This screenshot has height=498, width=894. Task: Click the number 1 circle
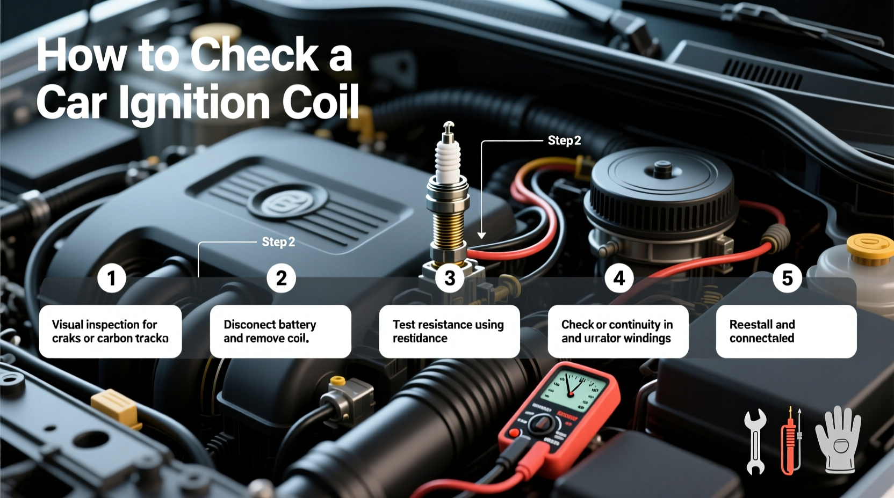tap(112, 278)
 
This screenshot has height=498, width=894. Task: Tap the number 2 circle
tap(281, 278)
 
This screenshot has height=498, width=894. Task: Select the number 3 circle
tap(450, 278)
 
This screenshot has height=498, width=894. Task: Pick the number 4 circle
tap(619, 278)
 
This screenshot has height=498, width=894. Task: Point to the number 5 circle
tap(787, 278)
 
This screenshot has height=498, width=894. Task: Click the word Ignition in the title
tap(194, 103)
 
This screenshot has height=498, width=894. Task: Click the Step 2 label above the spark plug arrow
tap(564, 141)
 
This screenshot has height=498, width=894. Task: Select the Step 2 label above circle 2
tap(278, 242)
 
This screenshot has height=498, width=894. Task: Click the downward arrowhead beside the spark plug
tap(481, 235)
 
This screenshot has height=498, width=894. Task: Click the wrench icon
tap(755, 441)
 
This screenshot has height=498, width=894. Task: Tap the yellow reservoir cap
tap(870, 248)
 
